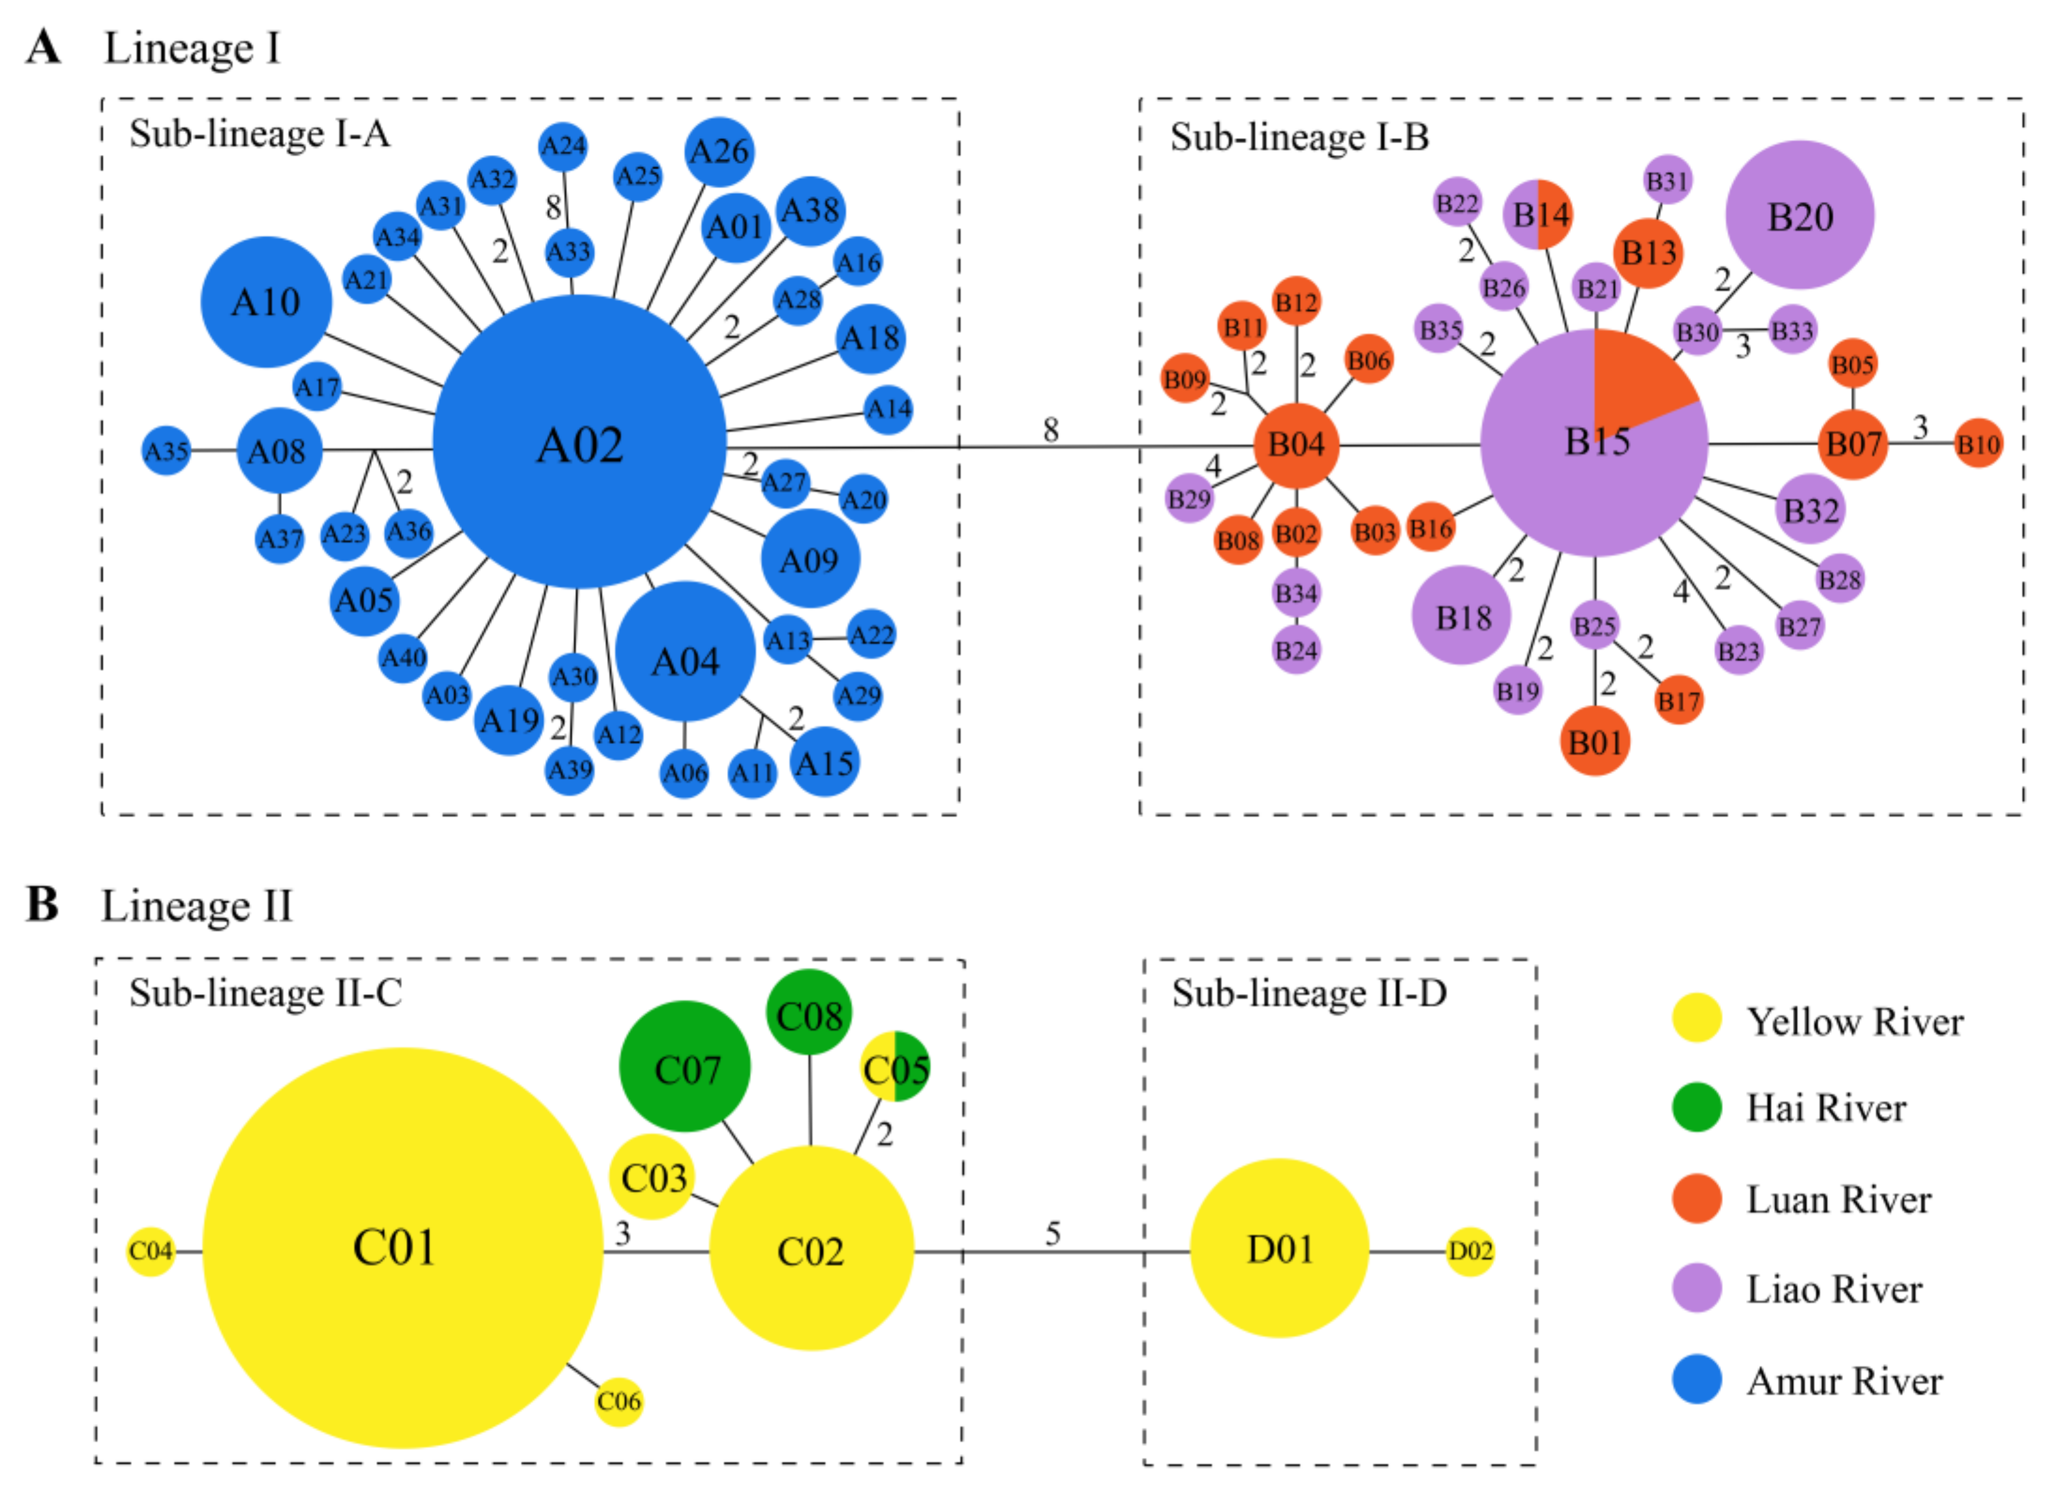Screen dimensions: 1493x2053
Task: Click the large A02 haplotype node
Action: click(x=580, y=442)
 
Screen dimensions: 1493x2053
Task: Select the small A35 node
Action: click(x=166, y=450)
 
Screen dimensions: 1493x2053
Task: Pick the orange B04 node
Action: click(x=1295, y=445)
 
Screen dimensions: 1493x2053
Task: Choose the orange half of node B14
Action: click(x=1555, y=214)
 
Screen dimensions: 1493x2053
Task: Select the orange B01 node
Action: click(x=1594, y=742)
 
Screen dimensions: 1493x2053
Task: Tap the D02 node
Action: click(x=1469, y=1250)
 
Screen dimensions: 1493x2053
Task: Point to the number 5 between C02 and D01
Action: click(x=1052, y=1232)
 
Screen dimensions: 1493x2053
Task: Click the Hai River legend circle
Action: click(x=1695, y=1107)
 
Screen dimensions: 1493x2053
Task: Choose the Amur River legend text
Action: click(x=1844, y=1380)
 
